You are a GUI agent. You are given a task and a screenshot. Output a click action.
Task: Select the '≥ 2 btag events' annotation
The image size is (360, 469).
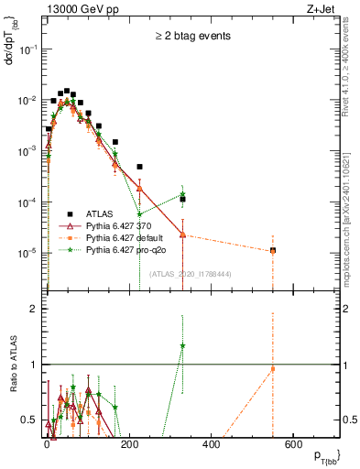click(x=191, y=36)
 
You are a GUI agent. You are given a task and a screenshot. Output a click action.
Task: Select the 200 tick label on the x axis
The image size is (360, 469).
click(x=130, y=442)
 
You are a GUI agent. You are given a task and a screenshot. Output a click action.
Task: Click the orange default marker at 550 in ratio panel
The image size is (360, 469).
click(x=273, y=369)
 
